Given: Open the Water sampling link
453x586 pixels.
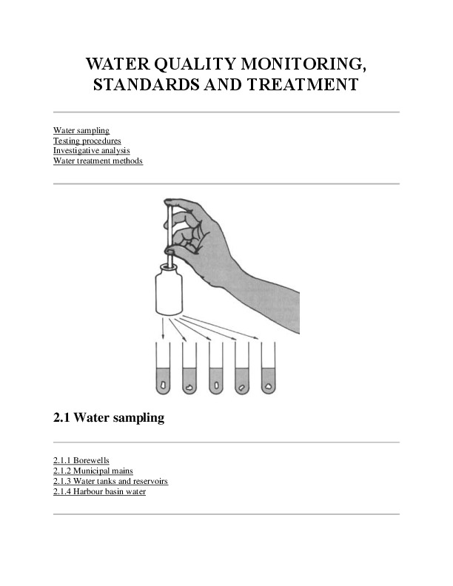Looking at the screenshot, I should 81,131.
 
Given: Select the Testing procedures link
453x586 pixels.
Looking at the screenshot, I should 87,141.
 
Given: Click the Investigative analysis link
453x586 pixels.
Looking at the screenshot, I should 91,150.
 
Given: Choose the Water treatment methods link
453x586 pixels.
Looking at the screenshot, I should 98,161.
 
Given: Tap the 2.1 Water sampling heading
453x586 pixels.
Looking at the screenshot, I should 108,418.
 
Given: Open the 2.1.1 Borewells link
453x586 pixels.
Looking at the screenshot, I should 81,460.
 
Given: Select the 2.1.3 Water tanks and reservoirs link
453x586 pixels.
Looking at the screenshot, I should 110,481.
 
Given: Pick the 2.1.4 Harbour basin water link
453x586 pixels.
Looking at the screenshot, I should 99,491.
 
